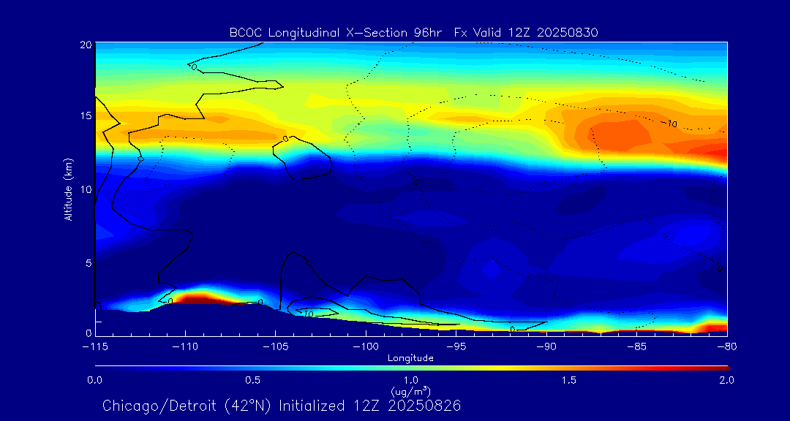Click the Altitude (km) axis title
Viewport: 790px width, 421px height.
pyautogui.click(x=68, y=189)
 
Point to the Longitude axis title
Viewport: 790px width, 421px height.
pyautogui.click(x=410, y=358)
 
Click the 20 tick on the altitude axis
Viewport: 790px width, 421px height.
pyautogui.click(x=86, y=45)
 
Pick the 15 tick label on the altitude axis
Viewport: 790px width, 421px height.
pyautogui.click(x=86, y=116)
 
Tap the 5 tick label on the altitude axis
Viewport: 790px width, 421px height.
pyautogui.click(x=89, y=262)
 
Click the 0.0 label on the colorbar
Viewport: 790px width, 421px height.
pyautogui.click(x=95, y=380)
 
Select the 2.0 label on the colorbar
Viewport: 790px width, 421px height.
pyautogui.click(x=726, y=380)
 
